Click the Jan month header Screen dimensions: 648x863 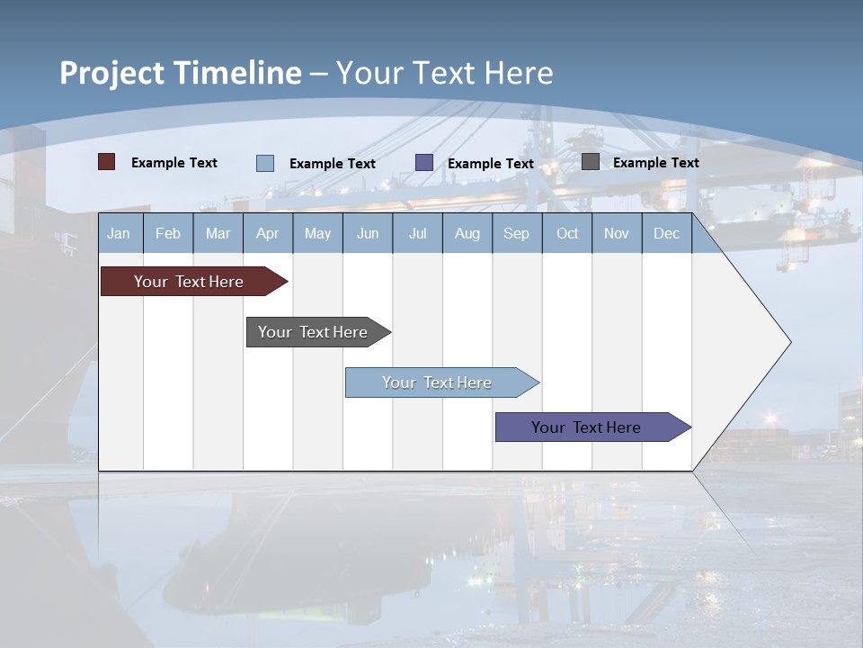click(120, 233)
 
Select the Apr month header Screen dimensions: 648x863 click(267, 233)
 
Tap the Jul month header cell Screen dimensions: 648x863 click(417, 233)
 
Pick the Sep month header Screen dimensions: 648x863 click(516, 233)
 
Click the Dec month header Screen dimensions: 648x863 click(666, 233)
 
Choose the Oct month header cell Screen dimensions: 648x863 click(566, 233)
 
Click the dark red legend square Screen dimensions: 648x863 click(107, 162)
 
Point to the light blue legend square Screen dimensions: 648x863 click(265, 163)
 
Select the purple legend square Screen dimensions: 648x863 click(424, 163)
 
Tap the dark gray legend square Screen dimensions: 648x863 click(591, 162)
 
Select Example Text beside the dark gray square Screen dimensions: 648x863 click(655, 162)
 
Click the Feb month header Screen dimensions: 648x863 click(168, 233)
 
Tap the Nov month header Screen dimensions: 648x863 click(616, 233)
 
